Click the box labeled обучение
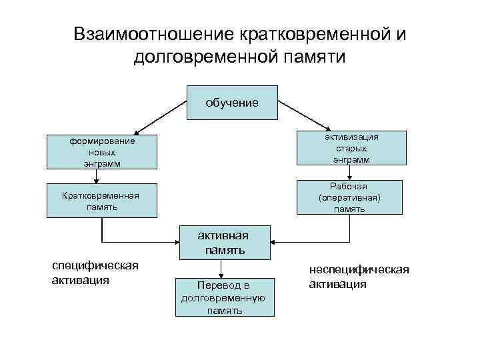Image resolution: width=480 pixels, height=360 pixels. click(x=231, y=103)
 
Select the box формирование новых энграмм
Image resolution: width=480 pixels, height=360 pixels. click(x=101, y=152)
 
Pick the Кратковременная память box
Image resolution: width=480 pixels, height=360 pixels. click(x=101, y=200)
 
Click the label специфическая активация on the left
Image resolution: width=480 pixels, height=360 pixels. click(x=95, y=273)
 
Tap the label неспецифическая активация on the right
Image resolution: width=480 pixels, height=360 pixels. click(x=359, y=277)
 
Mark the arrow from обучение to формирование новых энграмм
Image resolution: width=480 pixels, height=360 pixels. click(x=160, y=117)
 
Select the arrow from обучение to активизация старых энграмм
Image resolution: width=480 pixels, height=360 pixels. click(x=303, y=115)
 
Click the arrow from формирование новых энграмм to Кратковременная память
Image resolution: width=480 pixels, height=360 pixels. click(x=97, y=176)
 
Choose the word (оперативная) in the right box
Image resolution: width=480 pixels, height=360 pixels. click(x=351, y=197)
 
